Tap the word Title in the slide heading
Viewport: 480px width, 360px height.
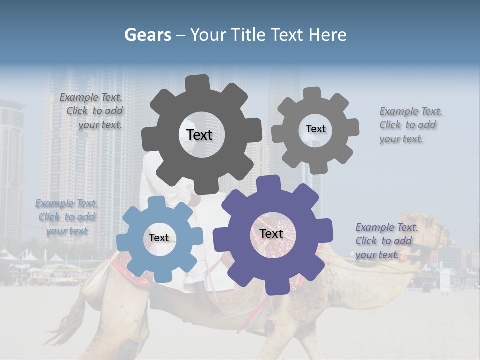(250, 35)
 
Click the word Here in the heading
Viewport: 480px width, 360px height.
(328, 35)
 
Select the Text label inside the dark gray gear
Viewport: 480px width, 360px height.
(199, 135)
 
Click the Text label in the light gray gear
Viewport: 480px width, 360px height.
(315, 129)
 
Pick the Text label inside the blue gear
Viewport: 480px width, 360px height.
(159, 238)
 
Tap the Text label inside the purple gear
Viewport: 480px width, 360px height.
(271, 233)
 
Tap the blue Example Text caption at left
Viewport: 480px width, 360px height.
(66, 217)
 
